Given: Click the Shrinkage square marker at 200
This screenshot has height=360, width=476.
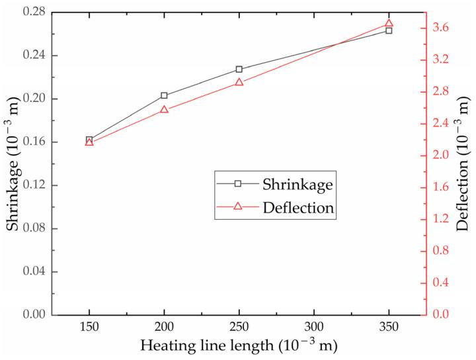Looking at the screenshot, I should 164,96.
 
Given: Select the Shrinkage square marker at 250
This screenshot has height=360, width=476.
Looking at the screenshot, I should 239,69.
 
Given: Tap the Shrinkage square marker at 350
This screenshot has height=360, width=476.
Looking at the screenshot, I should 389,30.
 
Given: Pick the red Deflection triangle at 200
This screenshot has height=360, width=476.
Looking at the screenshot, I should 164,109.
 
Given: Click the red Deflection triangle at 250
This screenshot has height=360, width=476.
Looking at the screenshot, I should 239,83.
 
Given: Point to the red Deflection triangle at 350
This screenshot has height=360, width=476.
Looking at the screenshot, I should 389,23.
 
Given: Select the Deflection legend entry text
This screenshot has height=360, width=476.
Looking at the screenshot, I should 297,207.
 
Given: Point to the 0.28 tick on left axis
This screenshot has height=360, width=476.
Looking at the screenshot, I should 30,12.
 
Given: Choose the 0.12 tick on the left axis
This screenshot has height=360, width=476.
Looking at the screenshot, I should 30,185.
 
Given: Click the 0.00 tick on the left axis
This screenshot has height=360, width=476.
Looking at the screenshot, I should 30,314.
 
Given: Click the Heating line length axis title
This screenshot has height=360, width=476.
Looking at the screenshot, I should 239,346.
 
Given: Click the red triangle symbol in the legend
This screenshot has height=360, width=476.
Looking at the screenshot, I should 239,207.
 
